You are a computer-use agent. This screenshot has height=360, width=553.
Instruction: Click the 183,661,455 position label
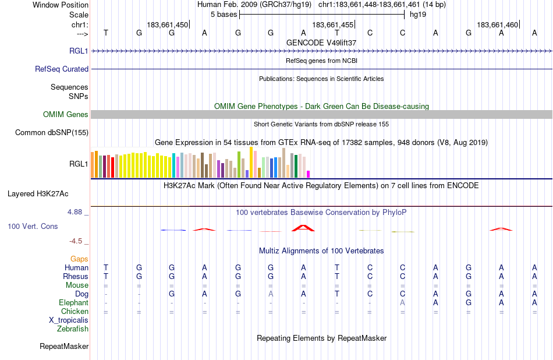point(332,24)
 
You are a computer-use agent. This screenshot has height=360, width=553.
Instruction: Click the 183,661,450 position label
point(168,24)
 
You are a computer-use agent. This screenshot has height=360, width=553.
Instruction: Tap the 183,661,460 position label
point(497,24)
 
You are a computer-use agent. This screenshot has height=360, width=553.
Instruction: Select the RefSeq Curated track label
point(62,69)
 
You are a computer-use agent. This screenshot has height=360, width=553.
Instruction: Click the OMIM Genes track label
point(66,115)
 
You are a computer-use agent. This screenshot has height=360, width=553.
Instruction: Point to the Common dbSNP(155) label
point(52,133)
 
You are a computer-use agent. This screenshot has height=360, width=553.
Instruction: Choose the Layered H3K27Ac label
point(48,193)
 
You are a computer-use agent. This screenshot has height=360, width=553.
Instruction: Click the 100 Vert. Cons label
point(33,226)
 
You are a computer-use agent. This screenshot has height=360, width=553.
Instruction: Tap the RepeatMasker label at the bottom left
point(64,347)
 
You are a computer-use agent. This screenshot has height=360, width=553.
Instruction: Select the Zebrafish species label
point(73,329)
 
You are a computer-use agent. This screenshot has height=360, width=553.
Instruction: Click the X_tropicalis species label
point(69,320)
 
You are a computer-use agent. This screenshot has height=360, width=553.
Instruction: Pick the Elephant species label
point(73,303)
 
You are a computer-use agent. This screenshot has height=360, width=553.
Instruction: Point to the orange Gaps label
point(79,259)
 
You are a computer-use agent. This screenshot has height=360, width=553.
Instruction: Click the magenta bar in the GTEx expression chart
point(309,174)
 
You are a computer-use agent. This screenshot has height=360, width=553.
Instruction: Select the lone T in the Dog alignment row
point(336,294)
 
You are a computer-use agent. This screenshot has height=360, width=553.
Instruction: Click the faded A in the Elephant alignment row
point(402,303)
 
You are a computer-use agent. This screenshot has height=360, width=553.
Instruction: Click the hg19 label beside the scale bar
point(418,15)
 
